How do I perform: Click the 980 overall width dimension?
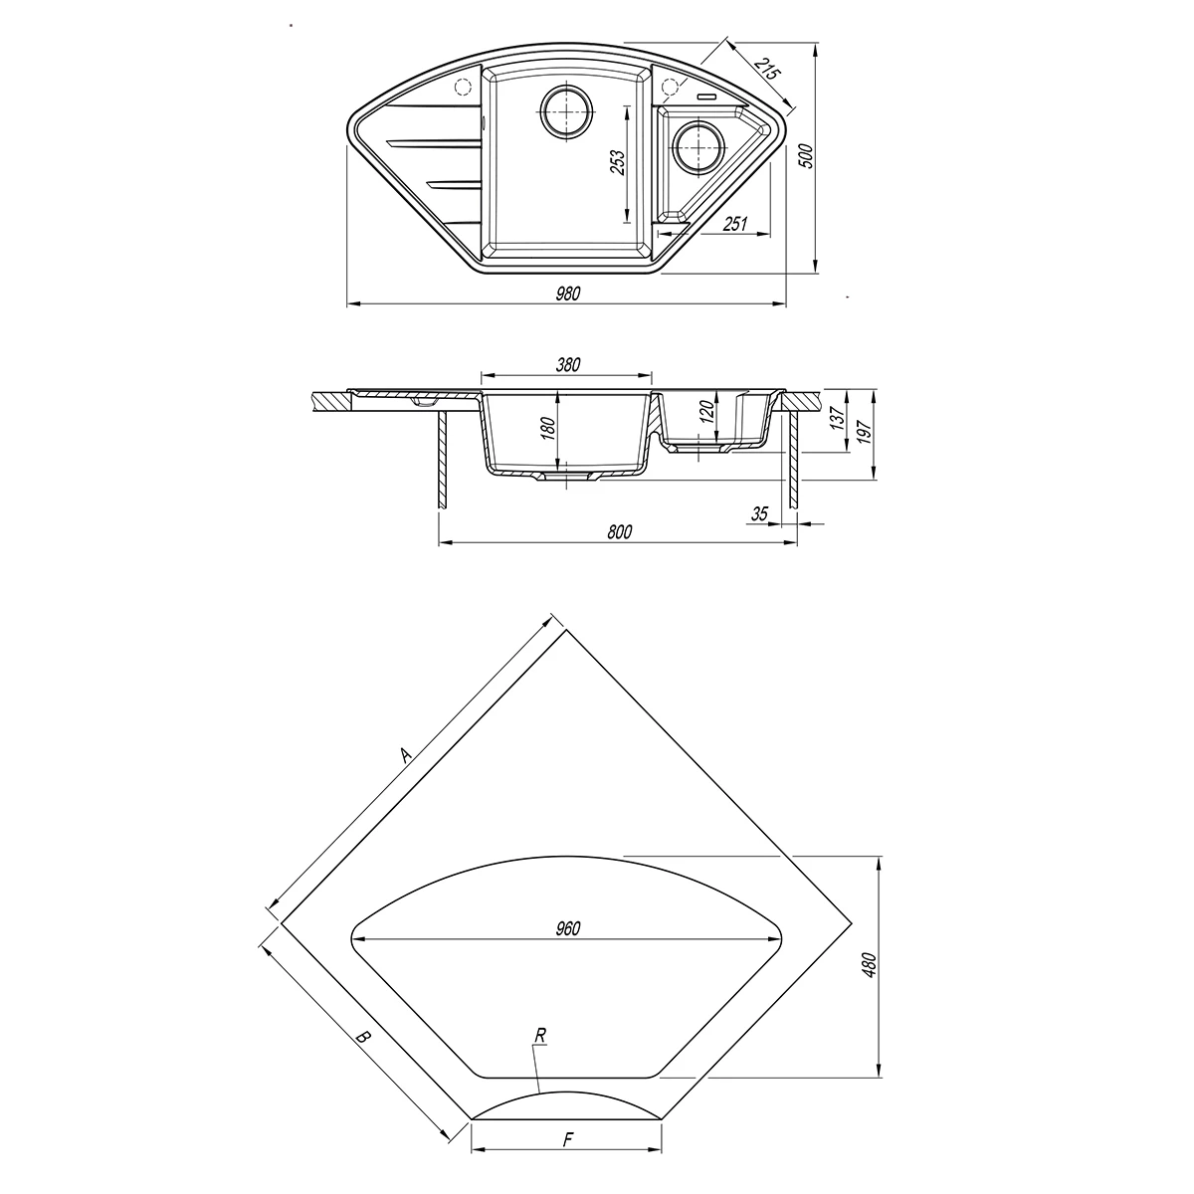[567, 294]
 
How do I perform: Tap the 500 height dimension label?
[806, 156]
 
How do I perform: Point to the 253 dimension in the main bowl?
[617, 163]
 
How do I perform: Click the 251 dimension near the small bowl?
[735, 224]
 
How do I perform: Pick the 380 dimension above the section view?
[567, 365]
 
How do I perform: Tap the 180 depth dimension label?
[548, 429]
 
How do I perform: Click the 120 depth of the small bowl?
[708, 410]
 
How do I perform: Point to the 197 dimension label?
[865, 432]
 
